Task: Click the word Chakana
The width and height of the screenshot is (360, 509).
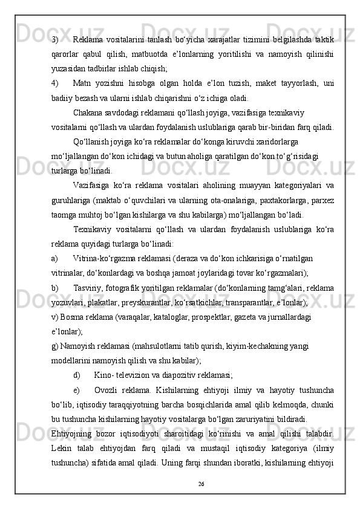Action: coord(88,111)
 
